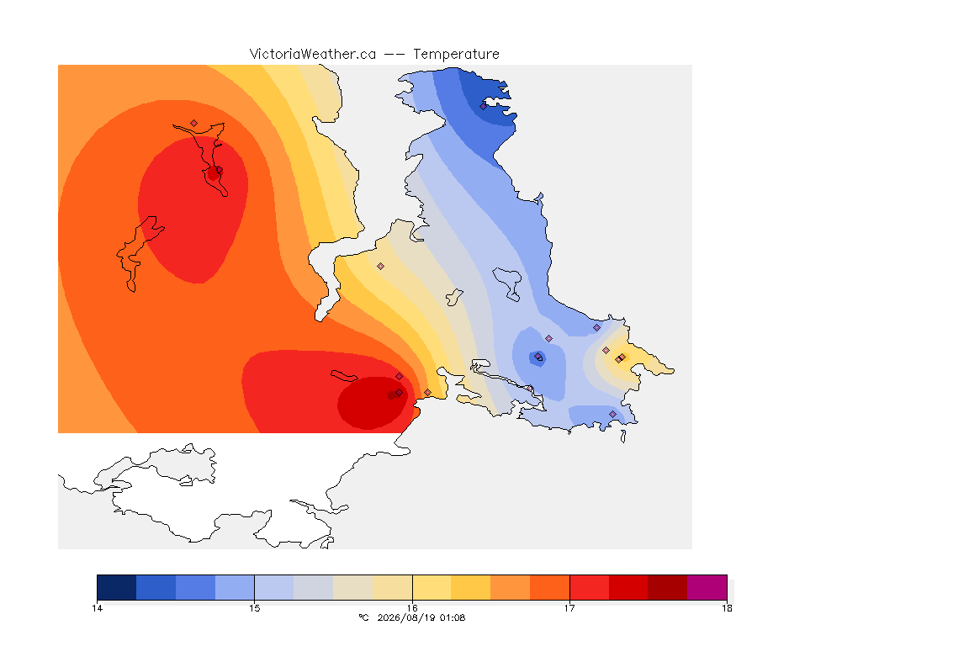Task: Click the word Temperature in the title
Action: pos(456,55)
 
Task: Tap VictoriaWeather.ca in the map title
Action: pos(313,55)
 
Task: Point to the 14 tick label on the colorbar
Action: pos(97,608)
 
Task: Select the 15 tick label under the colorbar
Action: pos(255,608)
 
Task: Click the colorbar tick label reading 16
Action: pos(412,608)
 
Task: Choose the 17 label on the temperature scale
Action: pos(569,608)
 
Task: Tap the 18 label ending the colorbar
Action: pos(727,608)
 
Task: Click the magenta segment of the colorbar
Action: pos(707,587)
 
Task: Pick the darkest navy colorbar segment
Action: pos(117,587)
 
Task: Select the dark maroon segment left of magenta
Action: pos(667,587)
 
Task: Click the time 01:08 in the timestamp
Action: pos(453,617)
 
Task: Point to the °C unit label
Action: pos(363,617)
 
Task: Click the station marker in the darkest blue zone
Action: pos(484,106)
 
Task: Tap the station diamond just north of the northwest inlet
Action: pos(194,124)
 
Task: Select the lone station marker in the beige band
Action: pos(381,267)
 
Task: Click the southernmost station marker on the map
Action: pos(612,414)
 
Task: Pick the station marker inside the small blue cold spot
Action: pos(538,357)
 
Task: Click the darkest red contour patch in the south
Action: pos(372,403)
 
